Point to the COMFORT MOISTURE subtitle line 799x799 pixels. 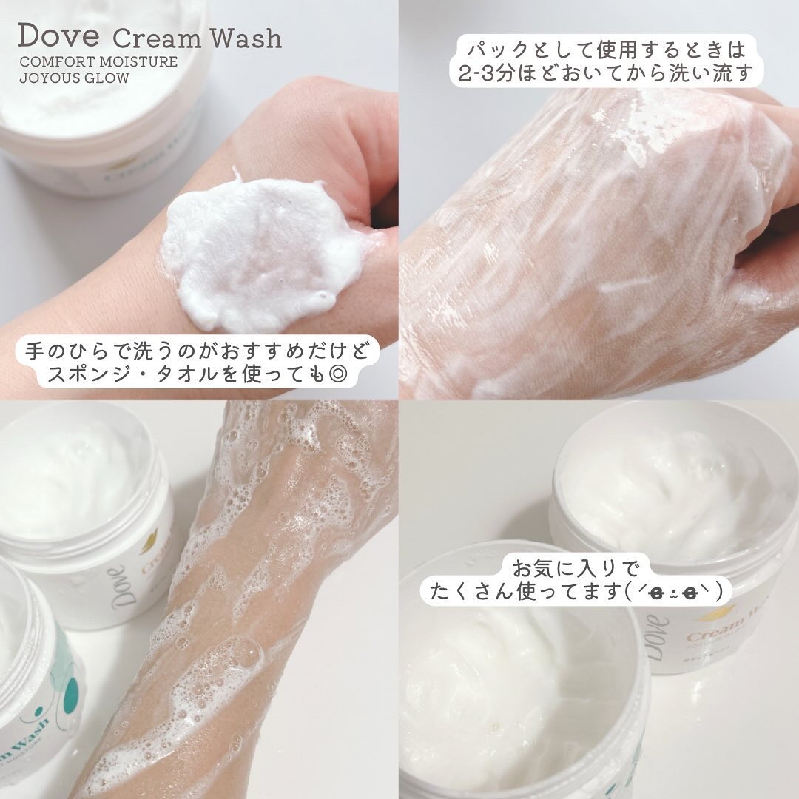click(98, 61)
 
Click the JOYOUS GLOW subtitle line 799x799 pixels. click(74, 78)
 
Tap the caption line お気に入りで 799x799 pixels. click(575, 568)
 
